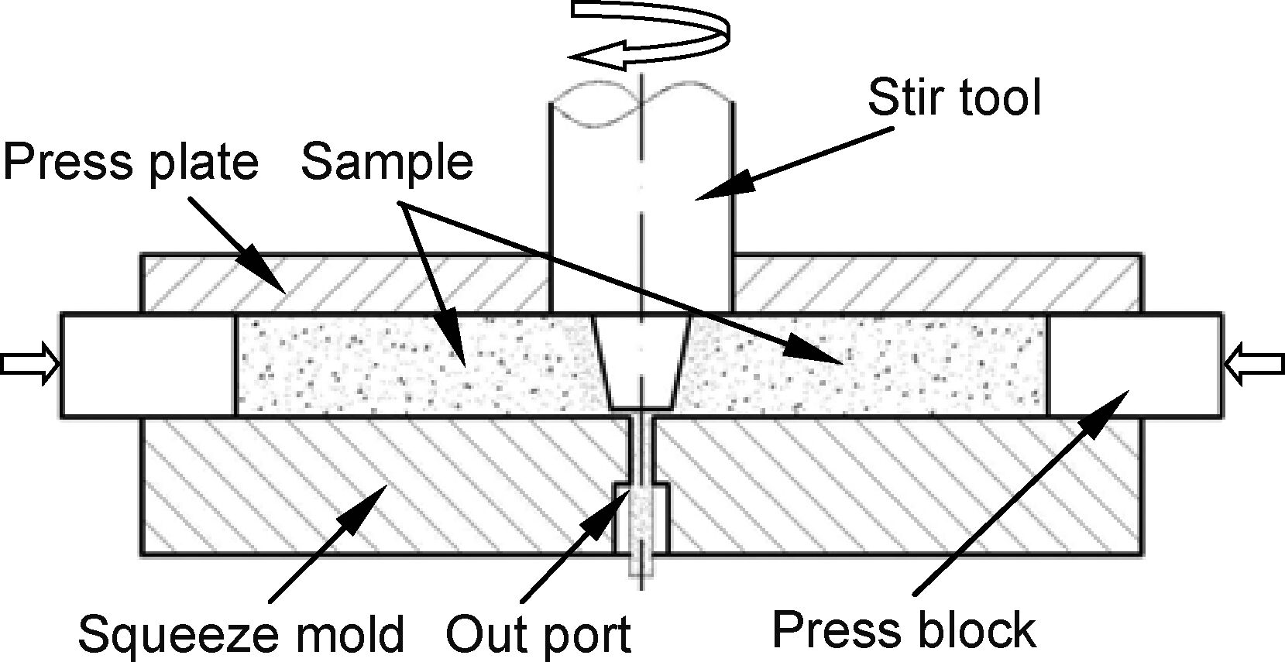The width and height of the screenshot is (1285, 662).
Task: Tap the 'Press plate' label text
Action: click(131, 163)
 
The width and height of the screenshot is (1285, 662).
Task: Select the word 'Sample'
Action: click(387, 163)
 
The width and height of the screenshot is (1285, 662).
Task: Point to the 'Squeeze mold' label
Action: click(241, 634)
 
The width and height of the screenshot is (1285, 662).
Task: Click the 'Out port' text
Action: click(539, 634)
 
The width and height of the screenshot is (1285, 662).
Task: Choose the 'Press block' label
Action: click(904, 629)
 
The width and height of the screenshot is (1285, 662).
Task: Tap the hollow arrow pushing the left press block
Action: click(29, 363)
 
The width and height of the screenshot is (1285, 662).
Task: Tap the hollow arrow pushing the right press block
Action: click(1254, 363)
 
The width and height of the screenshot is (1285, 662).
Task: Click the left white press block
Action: click(148, 365)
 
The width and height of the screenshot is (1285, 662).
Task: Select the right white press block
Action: click(1134, 365)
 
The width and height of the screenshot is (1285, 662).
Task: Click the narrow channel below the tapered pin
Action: click(641, 450)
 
